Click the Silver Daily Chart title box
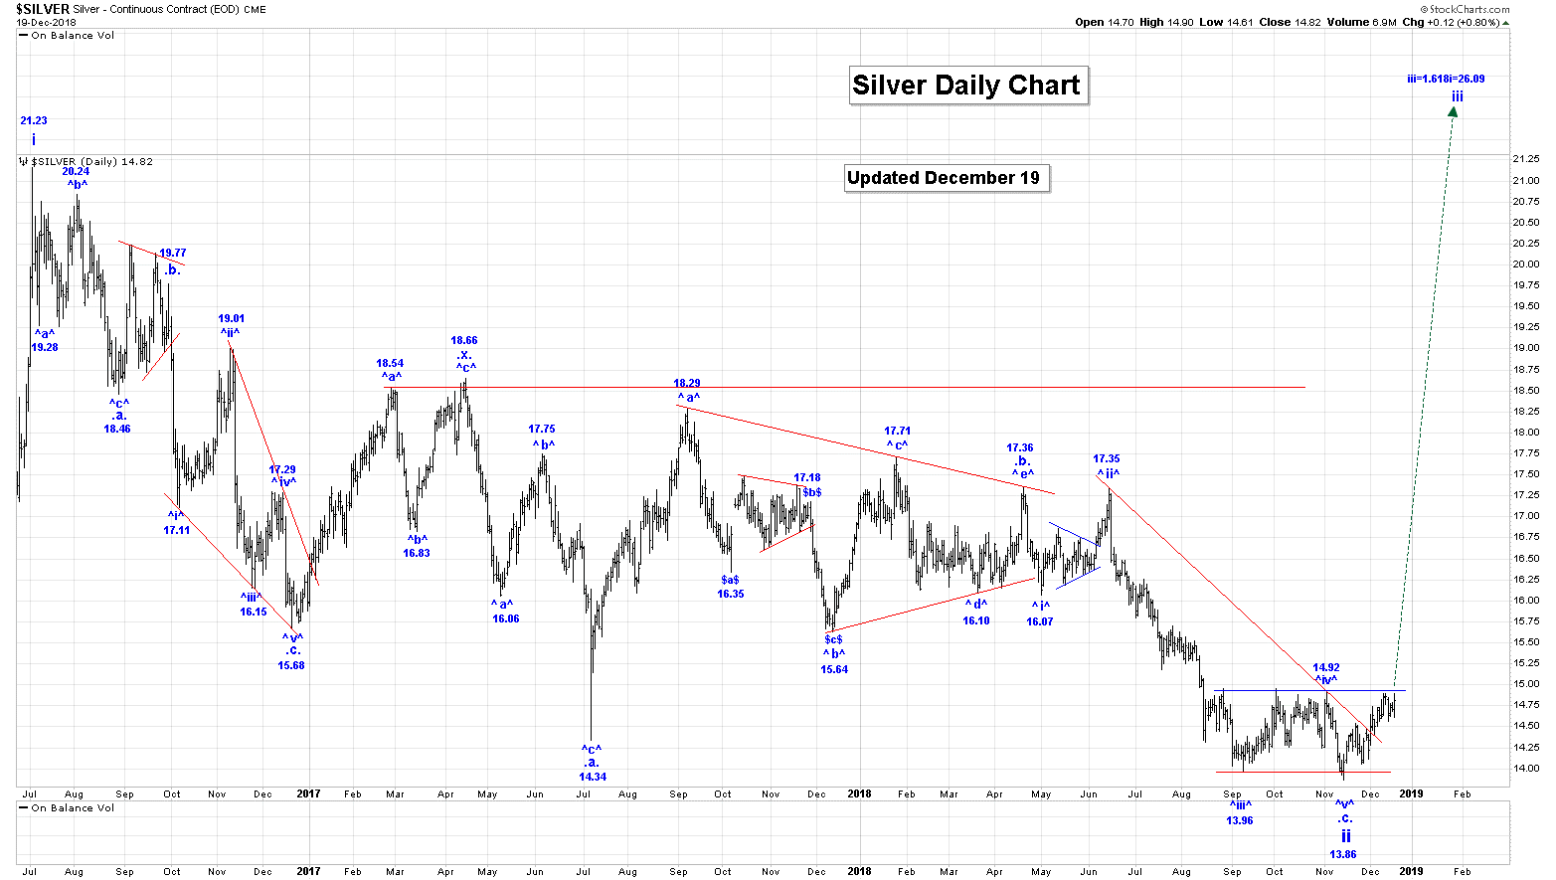[965, 86]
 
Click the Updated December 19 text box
[944, 178]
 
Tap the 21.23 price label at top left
[34, 120]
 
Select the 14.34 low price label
[593, 777]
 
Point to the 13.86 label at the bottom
[1342, 854]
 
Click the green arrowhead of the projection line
[1453, 112]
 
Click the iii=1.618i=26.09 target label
[1446, 79]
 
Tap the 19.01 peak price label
[232, 319]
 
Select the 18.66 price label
[464, 340]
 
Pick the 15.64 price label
[834, 669]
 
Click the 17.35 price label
[1107, 459]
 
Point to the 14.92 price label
[1326, 668]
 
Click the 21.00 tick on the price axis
[1526, 180]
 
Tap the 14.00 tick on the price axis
[1526, 768]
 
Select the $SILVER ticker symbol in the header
[43, 9]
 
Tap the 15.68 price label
[291, 665]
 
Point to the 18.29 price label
[687, 383]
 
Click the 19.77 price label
[173, 253]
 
